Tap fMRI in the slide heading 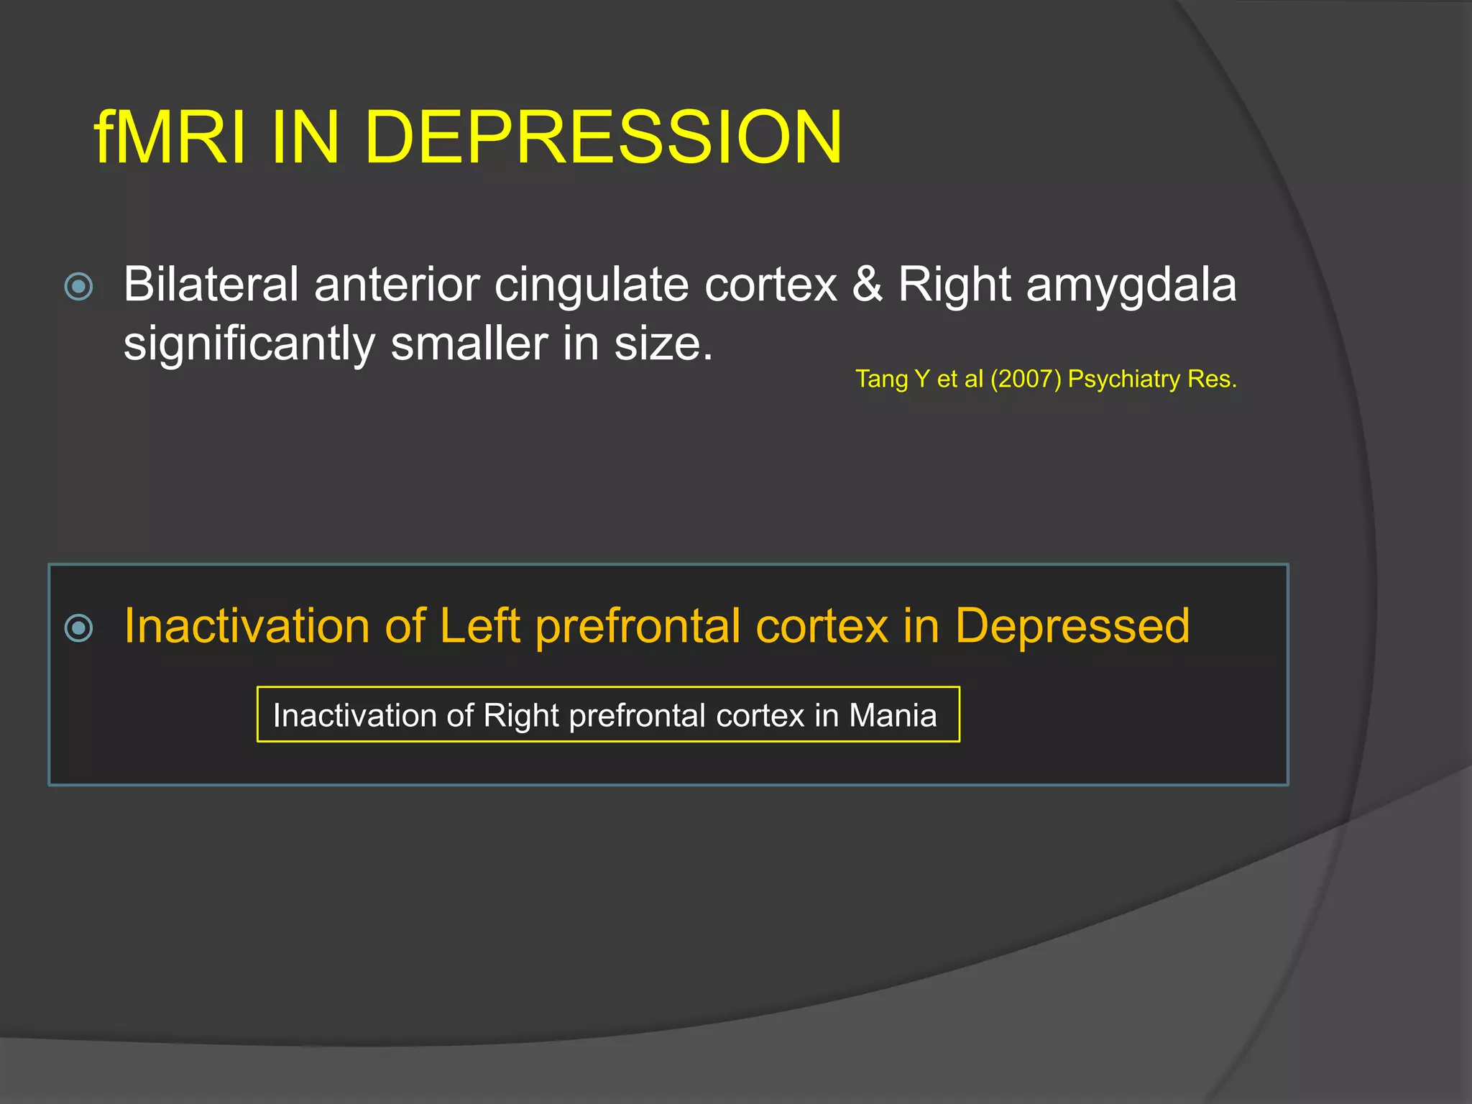pos(170,137)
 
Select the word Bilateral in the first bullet pos(211,285)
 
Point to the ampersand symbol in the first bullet pos(868,285)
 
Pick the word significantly pos(249,344)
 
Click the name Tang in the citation pos(881,379)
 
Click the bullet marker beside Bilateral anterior pos(78,286)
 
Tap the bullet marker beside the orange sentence pos(78,627)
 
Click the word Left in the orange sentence pos(479,625)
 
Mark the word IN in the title pos(305,137)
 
